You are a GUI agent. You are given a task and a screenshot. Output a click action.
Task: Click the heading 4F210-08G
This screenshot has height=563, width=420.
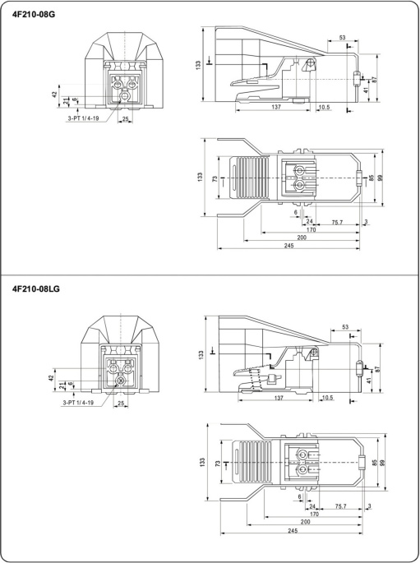(34, 15)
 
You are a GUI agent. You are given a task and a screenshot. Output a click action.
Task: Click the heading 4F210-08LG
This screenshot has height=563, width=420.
(36, 288)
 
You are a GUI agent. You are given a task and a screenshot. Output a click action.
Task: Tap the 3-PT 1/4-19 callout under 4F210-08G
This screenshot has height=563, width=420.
(82, 118)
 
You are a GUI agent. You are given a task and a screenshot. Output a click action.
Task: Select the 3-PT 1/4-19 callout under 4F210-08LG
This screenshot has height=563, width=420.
(78, 403)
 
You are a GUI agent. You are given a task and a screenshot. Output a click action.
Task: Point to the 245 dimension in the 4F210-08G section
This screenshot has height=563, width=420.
(288, 246)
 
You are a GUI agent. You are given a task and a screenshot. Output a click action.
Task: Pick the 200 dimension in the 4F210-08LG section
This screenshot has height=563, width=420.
(305, 522)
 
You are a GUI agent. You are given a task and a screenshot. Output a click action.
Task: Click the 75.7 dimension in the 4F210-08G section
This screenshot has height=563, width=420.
(337, 222)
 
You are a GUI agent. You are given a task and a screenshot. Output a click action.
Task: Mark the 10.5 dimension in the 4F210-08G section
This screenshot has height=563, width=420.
(324, 107)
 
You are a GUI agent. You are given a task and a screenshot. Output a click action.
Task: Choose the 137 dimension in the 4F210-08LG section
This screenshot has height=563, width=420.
(279, 398)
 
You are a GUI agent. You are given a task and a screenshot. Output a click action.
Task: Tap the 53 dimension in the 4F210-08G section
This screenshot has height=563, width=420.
(342, 37)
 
